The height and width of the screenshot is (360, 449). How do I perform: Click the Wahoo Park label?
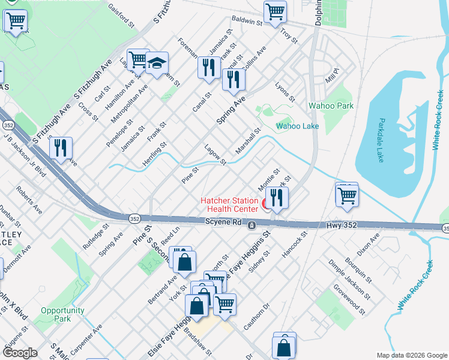click(331, 106)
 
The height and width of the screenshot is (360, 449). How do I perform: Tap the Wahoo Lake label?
click(297, 126)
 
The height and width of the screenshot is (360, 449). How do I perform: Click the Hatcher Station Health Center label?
click(229, 205)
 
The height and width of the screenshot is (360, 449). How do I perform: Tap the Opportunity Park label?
click(62, 314)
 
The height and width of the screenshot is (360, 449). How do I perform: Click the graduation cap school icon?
click(157, 63)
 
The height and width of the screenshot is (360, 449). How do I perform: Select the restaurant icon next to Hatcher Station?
click(277, 197)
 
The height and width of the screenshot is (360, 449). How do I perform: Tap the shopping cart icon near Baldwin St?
click(275, 11)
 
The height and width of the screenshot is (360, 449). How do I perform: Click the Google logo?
click(20, 353)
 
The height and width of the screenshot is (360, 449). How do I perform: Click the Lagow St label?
click(215, 155)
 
